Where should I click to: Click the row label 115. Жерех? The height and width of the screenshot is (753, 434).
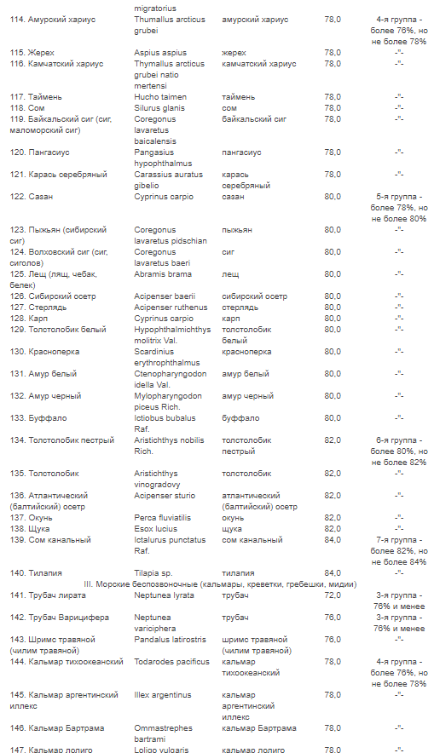(x=32, y=52)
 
